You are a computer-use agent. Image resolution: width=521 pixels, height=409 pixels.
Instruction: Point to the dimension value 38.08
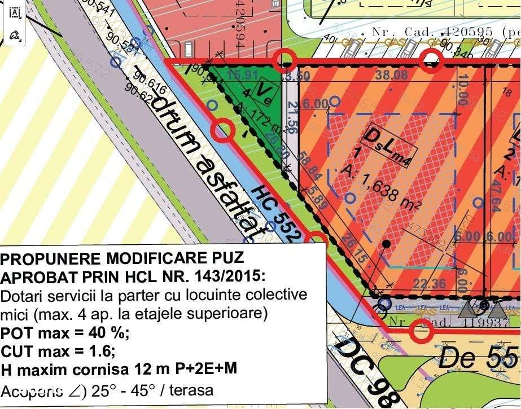coord(395,76)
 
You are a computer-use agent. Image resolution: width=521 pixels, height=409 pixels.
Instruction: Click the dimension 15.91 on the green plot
coord(243,75)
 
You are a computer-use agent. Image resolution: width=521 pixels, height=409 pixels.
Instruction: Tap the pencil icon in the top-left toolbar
coord(15,35)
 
